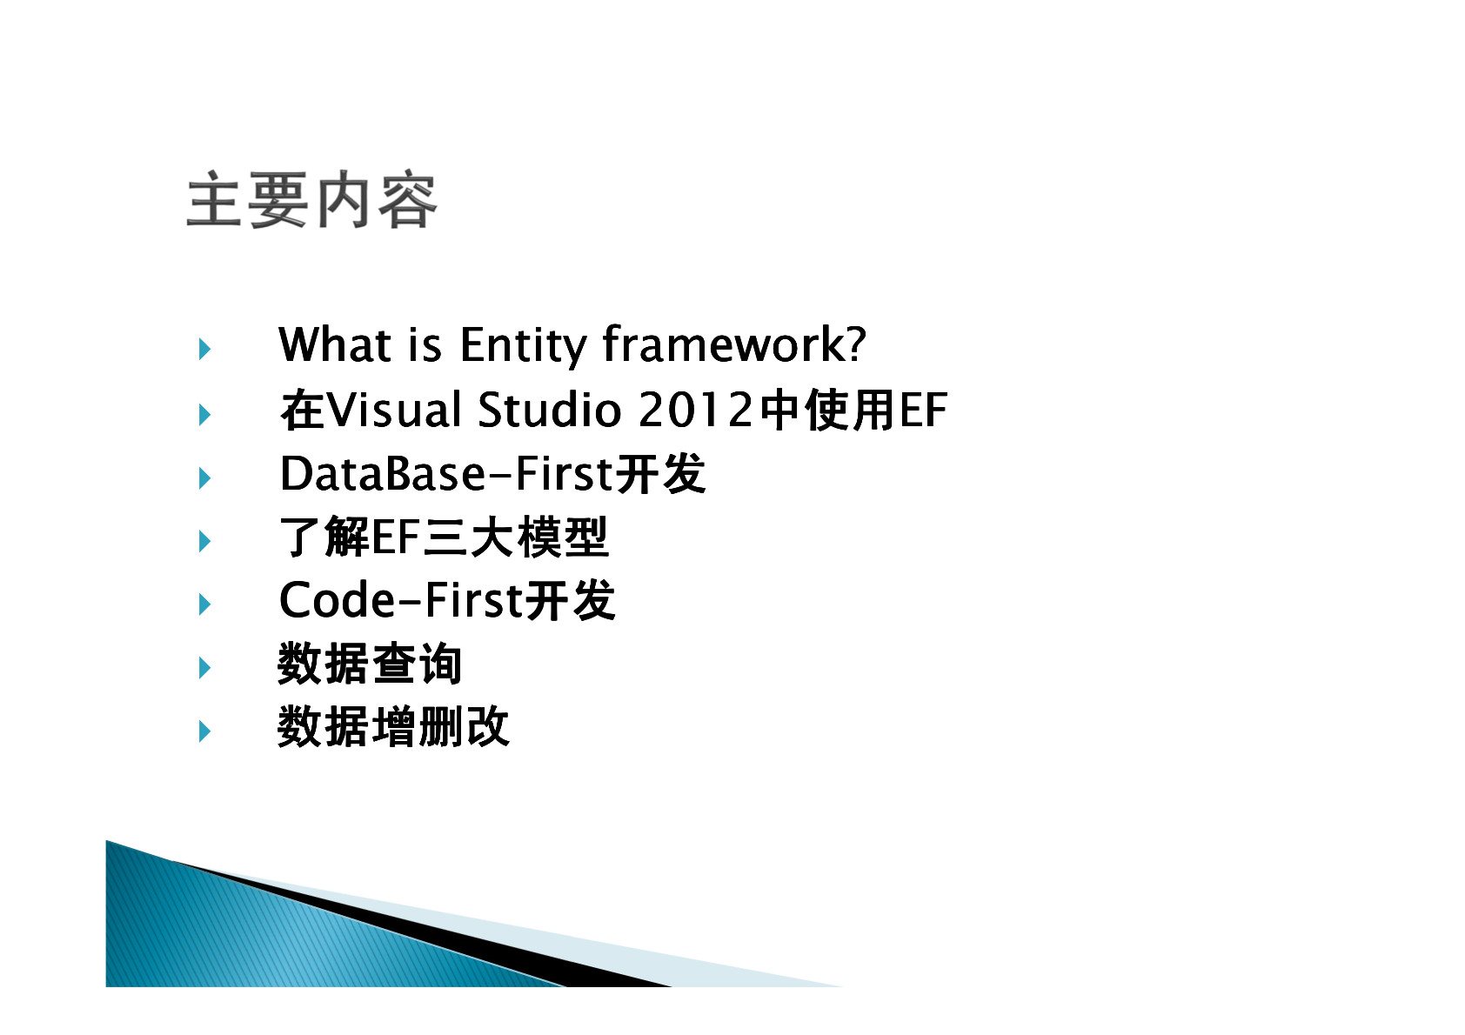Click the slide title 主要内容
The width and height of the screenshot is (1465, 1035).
[x=312, y=200]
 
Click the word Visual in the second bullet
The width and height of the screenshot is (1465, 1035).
[x=394, y=410]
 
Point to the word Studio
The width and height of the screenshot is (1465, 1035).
[x=550, y=410]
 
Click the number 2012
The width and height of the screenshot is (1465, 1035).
[x=696, y=410]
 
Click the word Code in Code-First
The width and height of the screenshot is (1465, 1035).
[x=337, y=599]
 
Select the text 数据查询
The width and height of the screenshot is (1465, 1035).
[x=371, y=663]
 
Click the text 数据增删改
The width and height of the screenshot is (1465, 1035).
[x=394, y=726]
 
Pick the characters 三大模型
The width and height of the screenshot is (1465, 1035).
[x=516, y=537]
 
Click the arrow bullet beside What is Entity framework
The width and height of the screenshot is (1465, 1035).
[x=204, y=349]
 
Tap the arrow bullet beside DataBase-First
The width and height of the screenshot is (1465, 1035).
[x=204, y=478]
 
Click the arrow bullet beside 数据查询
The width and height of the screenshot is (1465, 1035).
[x=204, y=668]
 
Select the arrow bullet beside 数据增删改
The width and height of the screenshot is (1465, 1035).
[x=204, y=731]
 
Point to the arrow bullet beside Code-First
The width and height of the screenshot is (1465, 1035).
[x=204, y=604]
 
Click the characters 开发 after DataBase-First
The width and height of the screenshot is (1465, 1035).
[x=661, y=473]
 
